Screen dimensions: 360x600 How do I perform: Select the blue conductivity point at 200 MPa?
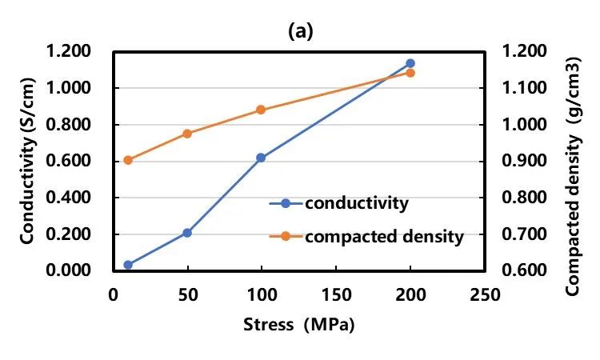pyautogui.click(x=410, y=63)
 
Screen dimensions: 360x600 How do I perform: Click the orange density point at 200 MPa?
pyautogui.click(x=410, y=73)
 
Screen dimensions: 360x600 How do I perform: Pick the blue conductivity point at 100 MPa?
pyautogui.click(x=261, y=158)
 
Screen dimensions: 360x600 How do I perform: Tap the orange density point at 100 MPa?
pyautogui.click(x=261, y=110)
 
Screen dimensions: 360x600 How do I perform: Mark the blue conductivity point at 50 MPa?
pyautogui.click(x=187, y=233)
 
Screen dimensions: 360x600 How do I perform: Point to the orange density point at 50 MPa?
pyautogui.click(x=187, y=134)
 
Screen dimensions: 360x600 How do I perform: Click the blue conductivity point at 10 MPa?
pyautogui.click(x=128, y=265)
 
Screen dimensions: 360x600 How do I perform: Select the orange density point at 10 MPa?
pyautogui.click(x=128, y=160)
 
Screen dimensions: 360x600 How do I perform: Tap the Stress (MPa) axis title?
pyautogui.click(x=298, y=326)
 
